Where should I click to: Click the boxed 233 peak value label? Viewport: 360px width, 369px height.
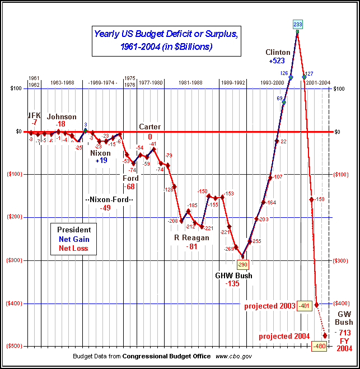click(x=298, y=24)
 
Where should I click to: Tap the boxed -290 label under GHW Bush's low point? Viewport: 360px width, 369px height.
click(x=242, y=264)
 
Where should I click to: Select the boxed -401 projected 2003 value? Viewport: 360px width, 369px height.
click(x=305, y=306)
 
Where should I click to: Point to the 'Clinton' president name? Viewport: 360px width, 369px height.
click(x=278, y=52)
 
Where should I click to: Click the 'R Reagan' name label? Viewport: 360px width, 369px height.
click(x=191, y=237)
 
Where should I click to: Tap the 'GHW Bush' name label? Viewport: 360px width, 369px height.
click(x=233, y=275)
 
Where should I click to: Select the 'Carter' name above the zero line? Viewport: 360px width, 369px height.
click(x=149, y=127)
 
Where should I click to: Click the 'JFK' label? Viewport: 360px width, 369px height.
click(x=35, y=115)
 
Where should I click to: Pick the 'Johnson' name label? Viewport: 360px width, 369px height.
click(x=62, y=116)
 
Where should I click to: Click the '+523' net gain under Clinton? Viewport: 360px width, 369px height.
click(x=278, y=60)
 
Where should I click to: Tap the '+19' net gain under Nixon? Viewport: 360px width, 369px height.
click(x=101, y=161)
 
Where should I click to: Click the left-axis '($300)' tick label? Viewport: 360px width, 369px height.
click(x=18, y=260)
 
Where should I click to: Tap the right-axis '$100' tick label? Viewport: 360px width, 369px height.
click(x=342, y=88)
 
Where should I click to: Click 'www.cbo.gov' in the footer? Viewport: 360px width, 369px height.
click(x=233, y=356)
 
